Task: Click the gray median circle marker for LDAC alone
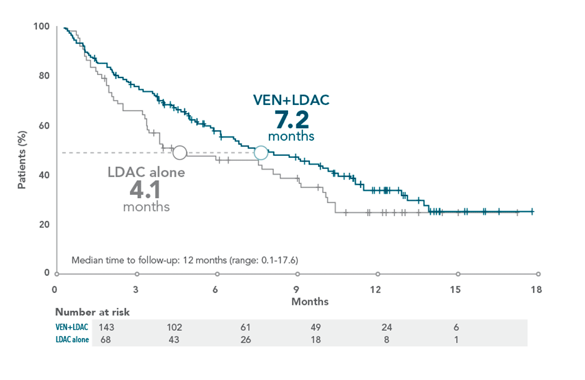tap(180, 153)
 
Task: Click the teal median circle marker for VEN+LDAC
tap(261, 153)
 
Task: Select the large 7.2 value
tap(291, 121)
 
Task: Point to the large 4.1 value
tap(146, 189)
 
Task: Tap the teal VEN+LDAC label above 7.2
tap(291, 100)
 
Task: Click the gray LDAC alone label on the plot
tap(146, 172)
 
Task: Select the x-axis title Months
tap(310, 302)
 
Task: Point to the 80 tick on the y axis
tap(44, 76)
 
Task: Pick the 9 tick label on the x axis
tap(296, 290)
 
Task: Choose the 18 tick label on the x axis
tap(536, 290)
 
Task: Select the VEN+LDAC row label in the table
tap(72, 327)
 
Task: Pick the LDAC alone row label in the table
tap(72, 340)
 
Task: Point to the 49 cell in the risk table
tap(315, 327)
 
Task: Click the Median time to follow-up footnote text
tap(185, 260)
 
